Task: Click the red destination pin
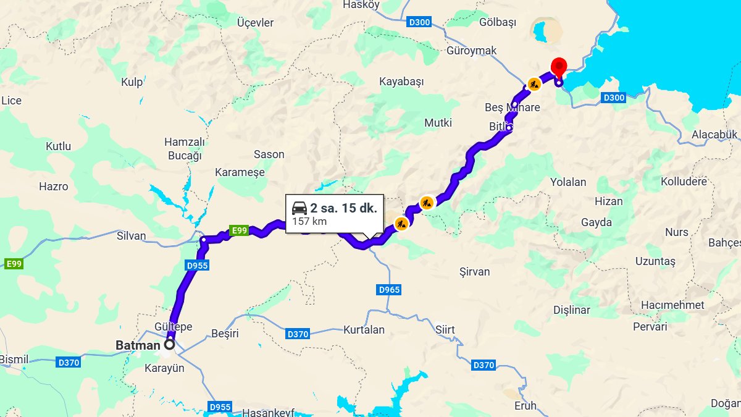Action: [x=559, y=66]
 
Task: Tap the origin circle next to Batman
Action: [x=169, y=345]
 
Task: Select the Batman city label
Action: [x=138, y=346]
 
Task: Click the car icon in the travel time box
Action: [x=299, y=208]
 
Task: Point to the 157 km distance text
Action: [x=309, y=221]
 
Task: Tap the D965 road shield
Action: [x=389, y=289]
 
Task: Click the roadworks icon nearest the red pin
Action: [x=534, y=83]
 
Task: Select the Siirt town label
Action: [x=445, y=329]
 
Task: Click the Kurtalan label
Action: [x=364, y=329]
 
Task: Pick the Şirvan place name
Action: [x=475, y=272]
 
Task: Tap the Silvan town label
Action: [x=132, y=235]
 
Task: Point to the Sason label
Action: [x=269, y=154]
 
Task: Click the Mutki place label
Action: [x=438, y=123]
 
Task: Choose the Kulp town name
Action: [x=132, y=82]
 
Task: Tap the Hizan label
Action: [x=608, y=201]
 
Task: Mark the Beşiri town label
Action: [x=225, y=334]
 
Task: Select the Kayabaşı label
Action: [x=401, y=82]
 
